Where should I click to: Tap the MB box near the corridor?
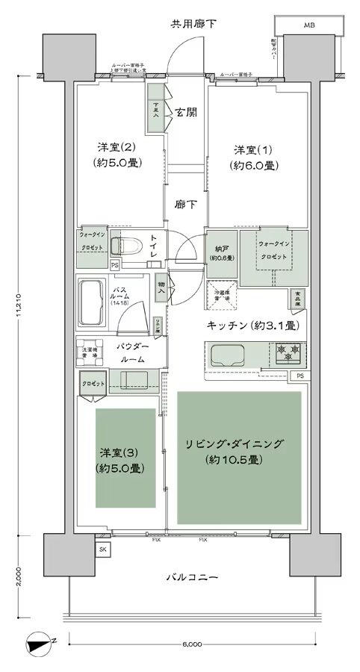pyautogui.click(x=308, y=25)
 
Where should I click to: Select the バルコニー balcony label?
pyautogui.click(x=192, y=577)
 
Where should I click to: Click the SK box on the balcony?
pyautogui.click(x=102, y=550)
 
